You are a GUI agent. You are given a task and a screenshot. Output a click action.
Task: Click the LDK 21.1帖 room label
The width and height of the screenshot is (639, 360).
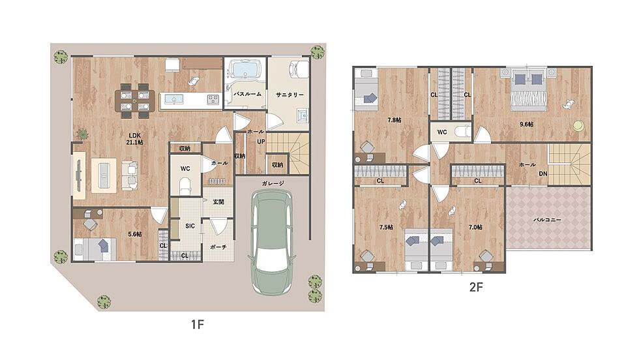point(136,139)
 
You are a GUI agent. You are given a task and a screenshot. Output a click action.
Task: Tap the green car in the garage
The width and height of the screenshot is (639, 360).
point(273,242)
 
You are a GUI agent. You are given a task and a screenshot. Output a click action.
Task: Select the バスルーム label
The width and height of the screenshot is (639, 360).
point(247,94)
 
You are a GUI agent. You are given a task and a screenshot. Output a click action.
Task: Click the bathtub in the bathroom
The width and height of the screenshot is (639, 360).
point(244,68)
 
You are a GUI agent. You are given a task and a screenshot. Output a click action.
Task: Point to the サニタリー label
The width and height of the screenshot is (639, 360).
point(290,95)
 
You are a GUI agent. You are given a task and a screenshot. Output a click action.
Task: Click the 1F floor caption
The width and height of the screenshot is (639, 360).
point(197,325)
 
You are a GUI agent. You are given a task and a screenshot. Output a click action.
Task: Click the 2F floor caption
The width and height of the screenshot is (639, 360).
point(476,287)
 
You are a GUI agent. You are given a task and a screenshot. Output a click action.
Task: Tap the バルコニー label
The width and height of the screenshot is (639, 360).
point(547,220)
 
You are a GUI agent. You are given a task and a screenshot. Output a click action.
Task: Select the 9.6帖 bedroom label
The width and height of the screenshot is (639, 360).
point(527,125)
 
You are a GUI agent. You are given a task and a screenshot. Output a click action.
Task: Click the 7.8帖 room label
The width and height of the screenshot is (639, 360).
point(394,120)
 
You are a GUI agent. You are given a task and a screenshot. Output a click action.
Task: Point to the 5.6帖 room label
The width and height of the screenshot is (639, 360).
point(135,234)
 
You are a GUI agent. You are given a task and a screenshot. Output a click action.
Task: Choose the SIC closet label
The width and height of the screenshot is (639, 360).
point(190,226)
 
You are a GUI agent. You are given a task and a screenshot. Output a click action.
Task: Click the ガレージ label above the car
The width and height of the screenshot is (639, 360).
point(273,183)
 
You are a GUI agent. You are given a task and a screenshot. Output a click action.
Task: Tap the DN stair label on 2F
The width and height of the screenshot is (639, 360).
point(542,173)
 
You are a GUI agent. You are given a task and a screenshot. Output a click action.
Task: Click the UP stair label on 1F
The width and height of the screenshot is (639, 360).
point(261,142)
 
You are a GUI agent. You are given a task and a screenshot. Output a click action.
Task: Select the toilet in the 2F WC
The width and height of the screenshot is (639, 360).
point(462,132)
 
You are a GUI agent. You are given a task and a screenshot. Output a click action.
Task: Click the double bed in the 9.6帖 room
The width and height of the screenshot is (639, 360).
point(529,87)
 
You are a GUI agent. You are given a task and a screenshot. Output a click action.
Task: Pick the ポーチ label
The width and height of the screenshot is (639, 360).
point(218,247)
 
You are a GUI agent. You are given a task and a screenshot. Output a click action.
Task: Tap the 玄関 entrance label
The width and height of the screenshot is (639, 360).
point(218,202)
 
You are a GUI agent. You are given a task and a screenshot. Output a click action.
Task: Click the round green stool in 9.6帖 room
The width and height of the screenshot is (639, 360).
point(578,126)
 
